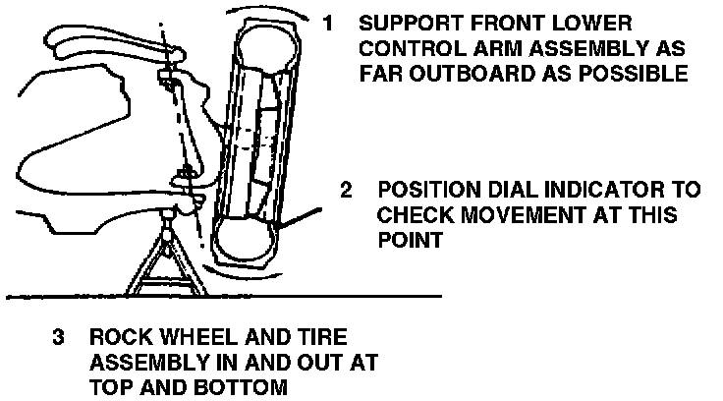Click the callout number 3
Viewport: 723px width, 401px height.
pyautogui.click(x=59, y=339)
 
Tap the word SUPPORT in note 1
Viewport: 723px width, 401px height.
pyautogui.click(x=404, y=22)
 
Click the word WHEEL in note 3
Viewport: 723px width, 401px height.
pyautogui.click(x=185, y=339)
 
